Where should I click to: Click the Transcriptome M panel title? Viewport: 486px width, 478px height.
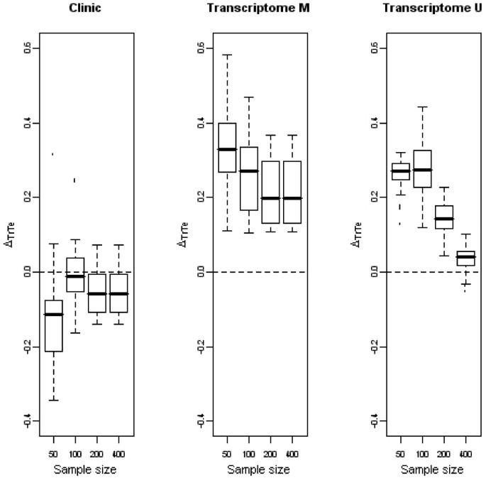[245, 8]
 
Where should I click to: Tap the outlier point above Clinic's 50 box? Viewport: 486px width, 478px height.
[53, 154]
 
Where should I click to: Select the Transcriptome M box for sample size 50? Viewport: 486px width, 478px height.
[227, 148]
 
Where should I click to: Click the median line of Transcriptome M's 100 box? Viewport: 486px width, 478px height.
[248, 171]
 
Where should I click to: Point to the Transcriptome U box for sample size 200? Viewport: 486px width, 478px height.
[444, 217]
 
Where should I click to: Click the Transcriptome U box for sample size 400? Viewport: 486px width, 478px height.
[466, 258]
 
